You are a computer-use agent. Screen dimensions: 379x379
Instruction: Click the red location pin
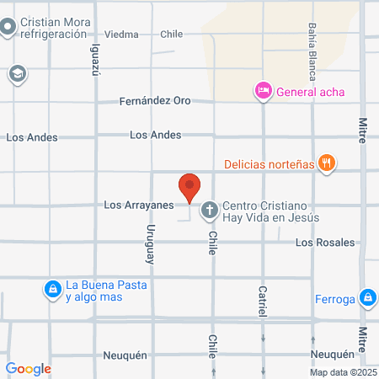(x=190, y=186)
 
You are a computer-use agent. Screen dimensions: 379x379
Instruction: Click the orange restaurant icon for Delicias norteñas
(x=328, y=163)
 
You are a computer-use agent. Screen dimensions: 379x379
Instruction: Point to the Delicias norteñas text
(x=269, y=163)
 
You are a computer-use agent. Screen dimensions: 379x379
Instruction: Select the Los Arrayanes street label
(x=138, y=204)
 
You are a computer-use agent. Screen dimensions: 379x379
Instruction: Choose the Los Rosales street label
(x=325, y=243)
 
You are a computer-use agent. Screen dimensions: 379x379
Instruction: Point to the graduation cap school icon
(x=16, y=73)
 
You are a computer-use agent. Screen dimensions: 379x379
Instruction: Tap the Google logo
(x=28, y=368)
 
